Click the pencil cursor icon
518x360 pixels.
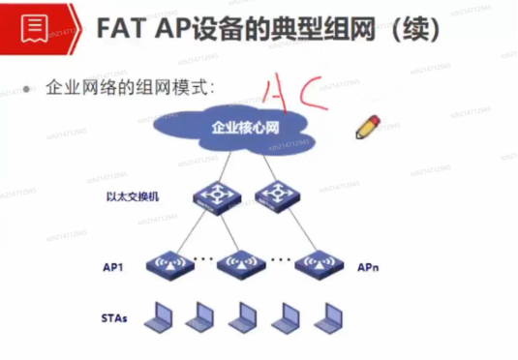coord(369,126)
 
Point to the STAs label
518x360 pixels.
coord(114,317)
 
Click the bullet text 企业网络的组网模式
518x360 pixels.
coord(129,86)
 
